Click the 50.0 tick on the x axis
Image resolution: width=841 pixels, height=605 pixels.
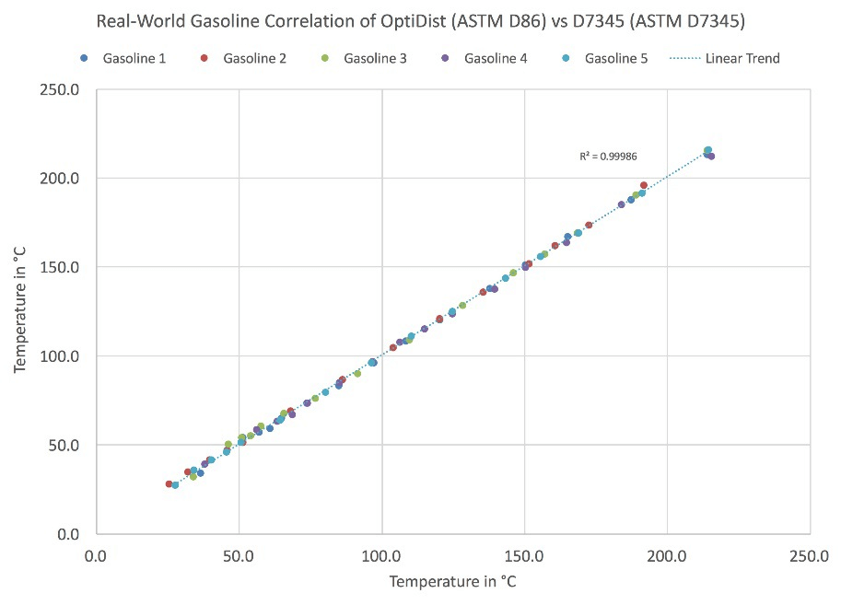coord(239,555)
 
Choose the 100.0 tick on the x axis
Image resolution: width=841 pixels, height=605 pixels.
coord(380,555)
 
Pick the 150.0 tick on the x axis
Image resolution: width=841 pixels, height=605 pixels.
coord(523,555)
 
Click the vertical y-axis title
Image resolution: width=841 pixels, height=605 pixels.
coord(21,312)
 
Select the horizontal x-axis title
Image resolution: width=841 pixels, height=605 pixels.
coord(451,582)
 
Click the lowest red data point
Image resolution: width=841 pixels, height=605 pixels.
coord(169,483)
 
